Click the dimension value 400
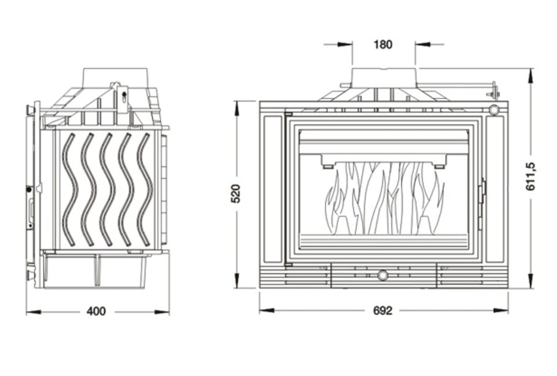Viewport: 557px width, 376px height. click(x=96, y=311)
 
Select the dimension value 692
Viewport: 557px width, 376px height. click(x=383, y=310)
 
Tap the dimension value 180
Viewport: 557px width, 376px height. click(x=383, y=44)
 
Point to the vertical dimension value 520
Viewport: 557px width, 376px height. click(x=236, y=193)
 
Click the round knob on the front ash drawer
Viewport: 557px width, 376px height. click(x=383, y=274)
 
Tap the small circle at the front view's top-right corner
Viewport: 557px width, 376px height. click(x=494, y=109)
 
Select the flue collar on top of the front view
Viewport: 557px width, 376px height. click(x=383, y=77)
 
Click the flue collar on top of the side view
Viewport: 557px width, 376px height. click(x=115, y=77)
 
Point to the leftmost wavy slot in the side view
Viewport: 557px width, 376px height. click(x=70, y=189)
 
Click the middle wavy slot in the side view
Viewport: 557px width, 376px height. click(x=107, y=189)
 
